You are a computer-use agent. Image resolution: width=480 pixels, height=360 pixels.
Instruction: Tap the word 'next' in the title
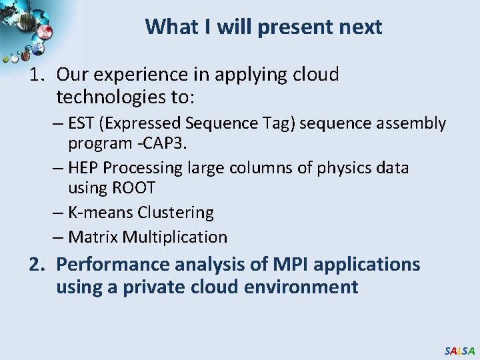361,27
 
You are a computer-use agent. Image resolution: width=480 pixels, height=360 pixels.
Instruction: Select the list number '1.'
38,75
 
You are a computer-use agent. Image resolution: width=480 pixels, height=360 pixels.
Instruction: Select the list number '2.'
38,265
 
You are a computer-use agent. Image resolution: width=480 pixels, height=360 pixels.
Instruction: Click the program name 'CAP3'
137,144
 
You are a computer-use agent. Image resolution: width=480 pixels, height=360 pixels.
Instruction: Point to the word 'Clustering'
175,213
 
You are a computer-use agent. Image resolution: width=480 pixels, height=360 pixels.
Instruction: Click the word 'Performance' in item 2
113,265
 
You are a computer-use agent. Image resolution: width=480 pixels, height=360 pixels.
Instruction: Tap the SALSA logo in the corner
459,351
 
